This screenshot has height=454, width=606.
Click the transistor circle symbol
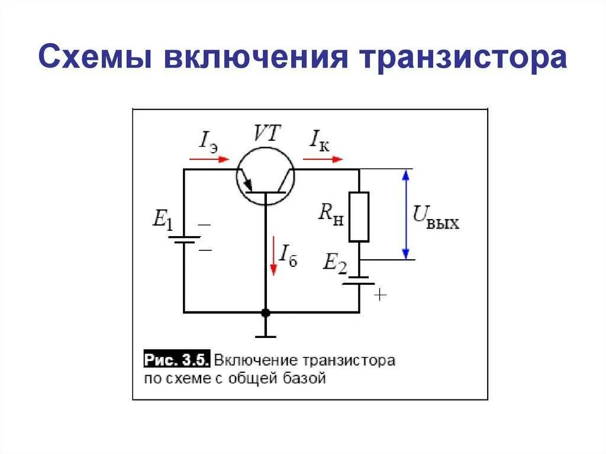(265, 176)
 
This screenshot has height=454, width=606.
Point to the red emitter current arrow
(209, 159)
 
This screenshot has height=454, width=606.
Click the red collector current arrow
(323, 159)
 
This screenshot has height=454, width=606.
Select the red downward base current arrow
(273, 255)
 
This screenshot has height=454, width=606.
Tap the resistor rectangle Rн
(359, 217)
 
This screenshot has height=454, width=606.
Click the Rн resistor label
(330, 214)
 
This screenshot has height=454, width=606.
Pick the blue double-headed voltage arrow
(406, 214)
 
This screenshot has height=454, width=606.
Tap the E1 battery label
(163, 220)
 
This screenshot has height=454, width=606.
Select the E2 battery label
(334, 263)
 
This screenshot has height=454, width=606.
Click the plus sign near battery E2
(379, 294)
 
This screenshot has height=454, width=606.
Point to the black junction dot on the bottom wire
(266, 312)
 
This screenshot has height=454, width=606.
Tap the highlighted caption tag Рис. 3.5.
(177, 360)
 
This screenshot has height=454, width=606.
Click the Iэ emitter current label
(208, 140)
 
